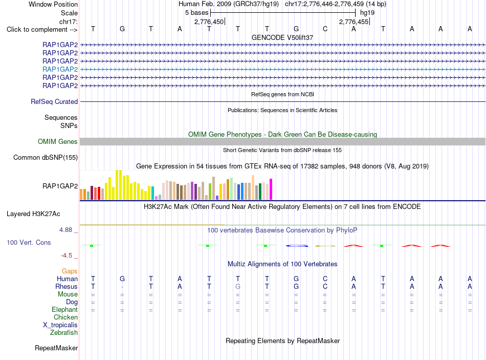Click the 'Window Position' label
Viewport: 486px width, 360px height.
click(53, 4)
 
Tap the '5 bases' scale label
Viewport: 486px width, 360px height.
click(197, 13)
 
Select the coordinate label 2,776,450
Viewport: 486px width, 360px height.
click(209, 22)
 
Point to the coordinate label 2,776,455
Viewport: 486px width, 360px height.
click(354, 22)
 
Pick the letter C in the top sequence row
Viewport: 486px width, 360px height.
click(325, 29)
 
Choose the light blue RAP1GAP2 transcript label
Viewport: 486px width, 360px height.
click(60, 69)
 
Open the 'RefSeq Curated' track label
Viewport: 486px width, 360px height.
click(54, 101)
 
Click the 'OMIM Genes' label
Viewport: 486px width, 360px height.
click(58, 141)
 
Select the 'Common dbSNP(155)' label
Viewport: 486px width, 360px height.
click(46, 157)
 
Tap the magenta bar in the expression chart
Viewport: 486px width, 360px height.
click(271, 189)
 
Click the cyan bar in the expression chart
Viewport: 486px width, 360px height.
click(152, 193)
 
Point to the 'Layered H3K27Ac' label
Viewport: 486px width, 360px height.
click(33, 214)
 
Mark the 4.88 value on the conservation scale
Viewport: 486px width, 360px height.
click(65, 230)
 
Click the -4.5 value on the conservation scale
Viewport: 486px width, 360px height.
click(67, 256)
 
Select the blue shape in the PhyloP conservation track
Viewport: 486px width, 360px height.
click(297, 246)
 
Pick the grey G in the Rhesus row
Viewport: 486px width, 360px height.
click(238, 286)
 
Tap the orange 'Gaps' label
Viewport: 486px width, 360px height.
click(70, 271)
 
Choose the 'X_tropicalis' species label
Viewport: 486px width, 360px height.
click(60, 325)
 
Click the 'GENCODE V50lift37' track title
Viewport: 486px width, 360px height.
click(282, 37)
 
